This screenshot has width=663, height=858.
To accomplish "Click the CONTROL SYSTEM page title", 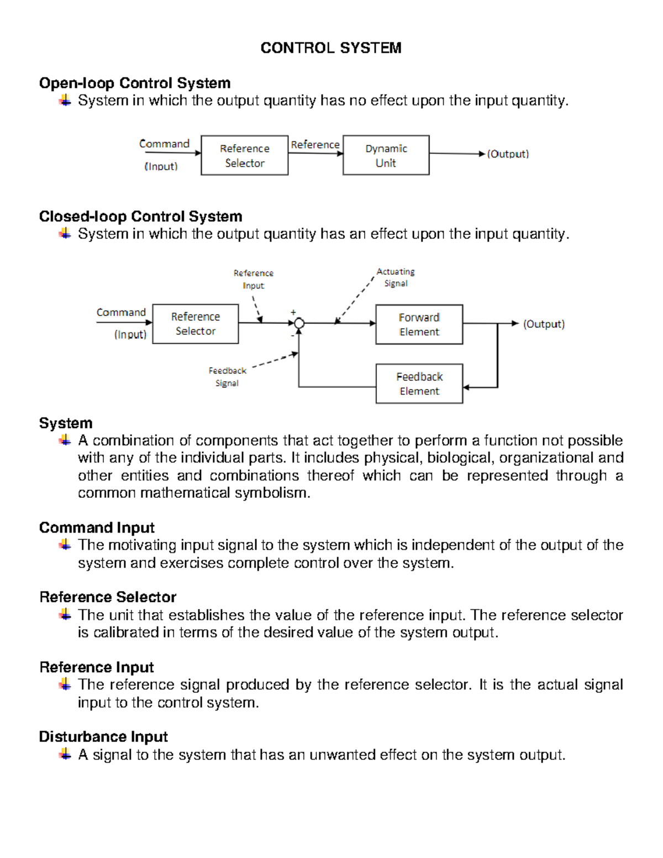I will coord(330,48).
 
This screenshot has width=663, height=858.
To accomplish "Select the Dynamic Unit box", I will coord(386,155).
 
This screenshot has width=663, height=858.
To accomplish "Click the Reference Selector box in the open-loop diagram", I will coord(244,155).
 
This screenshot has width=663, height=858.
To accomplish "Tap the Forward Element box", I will coord(419,324).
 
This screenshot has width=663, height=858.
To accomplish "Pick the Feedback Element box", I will coord(419,383).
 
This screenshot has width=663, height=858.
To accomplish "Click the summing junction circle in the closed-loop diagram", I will coord(299,323).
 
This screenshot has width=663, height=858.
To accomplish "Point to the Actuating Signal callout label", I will coord(396,277).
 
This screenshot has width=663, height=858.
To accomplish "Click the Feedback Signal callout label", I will coord(227,377).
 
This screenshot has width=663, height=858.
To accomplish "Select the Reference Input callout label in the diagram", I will coord(253,279).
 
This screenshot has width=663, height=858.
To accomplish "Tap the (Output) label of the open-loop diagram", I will coord(508,154).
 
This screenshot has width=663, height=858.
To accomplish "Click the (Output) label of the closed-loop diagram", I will coord(544,324).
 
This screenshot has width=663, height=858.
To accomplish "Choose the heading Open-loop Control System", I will coord(135,83).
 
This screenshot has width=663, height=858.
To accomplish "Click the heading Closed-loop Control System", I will coord(140,217).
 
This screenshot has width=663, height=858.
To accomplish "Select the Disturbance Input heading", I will coord(103,737).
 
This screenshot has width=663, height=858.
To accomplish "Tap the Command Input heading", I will coord(97,528).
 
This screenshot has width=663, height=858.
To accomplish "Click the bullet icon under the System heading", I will coord(65,440).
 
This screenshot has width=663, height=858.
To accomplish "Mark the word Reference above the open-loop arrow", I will coord(315,145).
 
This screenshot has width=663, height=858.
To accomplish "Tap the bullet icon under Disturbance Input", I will coord(65,754).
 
